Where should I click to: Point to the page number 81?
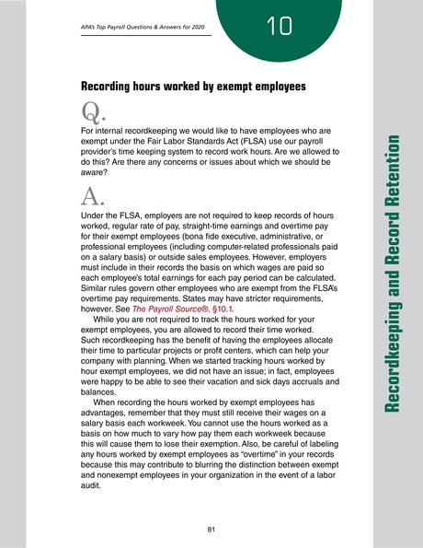[x=211, y=530]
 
